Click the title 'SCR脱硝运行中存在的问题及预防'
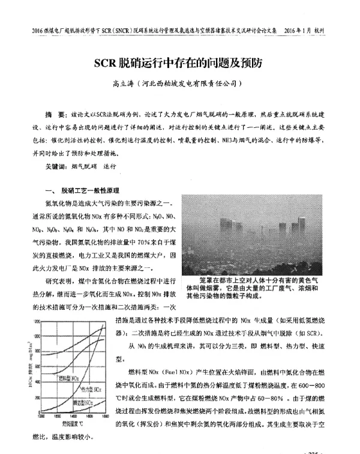point(180,62)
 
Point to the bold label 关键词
point(57,166)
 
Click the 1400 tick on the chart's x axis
point(70,415)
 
